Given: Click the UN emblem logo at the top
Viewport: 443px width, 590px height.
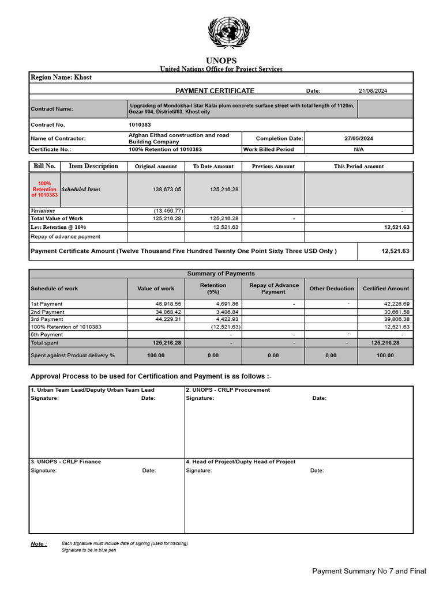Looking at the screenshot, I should click(226, 33).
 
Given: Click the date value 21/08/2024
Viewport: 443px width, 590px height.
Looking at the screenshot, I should click(374, 90).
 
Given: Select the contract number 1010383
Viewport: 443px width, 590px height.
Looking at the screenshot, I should click(140, 124).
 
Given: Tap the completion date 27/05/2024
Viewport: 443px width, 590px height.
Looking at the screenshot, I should click(359, 138).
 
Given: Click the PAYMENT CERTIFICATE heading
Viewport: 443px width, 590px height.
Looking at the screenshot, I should click(215, 90).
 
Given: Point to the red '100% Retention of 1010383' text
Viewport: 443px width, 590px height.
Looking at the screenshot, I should click(44, 190).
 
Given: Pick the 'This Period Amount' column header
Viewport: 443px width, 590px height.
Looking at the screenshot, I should click(358, 167).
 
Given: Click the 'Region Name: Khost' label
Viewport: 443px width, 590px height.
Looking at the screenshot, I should click(61, 77).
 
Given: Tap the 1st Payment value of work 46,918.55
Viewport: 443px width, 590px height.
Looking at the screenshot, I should click(168, 304).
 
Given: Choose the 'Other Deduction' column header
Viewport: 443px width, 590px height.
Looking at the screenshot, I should click(331, 289).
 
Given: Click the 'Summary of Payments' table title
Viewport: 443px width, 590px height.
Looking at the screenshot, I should click(221, 274).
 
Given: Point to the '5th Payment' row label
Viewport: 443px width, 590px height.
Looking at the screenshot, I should click(47, 335).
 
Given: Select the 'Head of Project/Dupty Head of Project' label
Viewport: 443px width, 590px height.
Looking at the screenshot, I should click(241, 462).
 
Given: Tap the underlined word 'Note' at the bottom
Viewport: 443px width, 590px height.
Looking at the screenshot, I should click(38, 544).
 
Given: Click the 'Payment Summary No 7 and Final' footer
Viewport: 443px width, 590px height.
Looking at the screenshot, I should click(369, 571).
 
